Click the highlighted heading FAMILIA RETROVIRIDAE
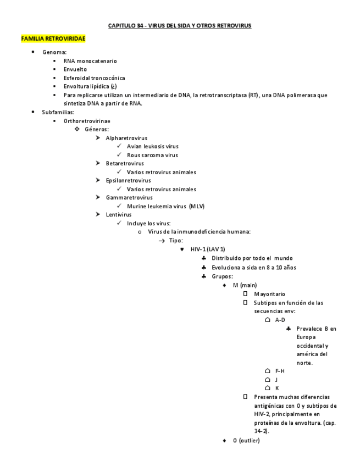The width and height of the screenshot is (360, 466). (53, 39)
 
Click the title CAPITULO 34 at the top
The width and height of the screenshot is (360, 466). (179, 26)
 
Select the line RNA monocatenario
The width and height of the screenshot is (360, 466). (90, 61)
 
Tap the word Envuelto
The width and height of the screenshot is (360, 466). (75, 69)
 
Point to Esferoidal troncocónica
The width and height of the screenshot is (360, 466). (94, 78)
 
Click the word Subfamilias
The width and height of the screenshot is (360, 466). (58, 112)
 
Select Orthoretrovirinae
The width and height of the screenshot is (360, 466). (86, 120)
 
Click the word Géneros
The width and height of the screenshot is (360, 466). (96, 129)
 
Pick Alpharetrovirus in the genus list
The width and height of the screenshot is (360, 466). (126, 138)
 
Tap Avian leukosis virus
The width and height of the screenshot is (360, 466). (152, 146)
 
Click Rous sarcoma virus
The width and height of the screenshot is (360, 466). (152, 155)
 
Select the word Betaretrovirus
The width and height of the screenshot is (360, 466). (125, 163)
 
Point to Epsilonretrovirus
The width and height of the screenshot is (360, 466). (128, 180)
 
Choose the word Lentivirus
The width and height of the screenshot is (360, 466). (119, 214)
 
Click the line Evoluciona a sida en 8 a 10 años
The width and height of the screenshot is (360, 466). (253, 268)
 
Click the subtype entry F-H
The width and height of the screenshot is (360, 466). (280, 371)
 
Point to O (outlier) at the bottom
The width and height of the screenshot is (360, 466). (246, 441)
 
